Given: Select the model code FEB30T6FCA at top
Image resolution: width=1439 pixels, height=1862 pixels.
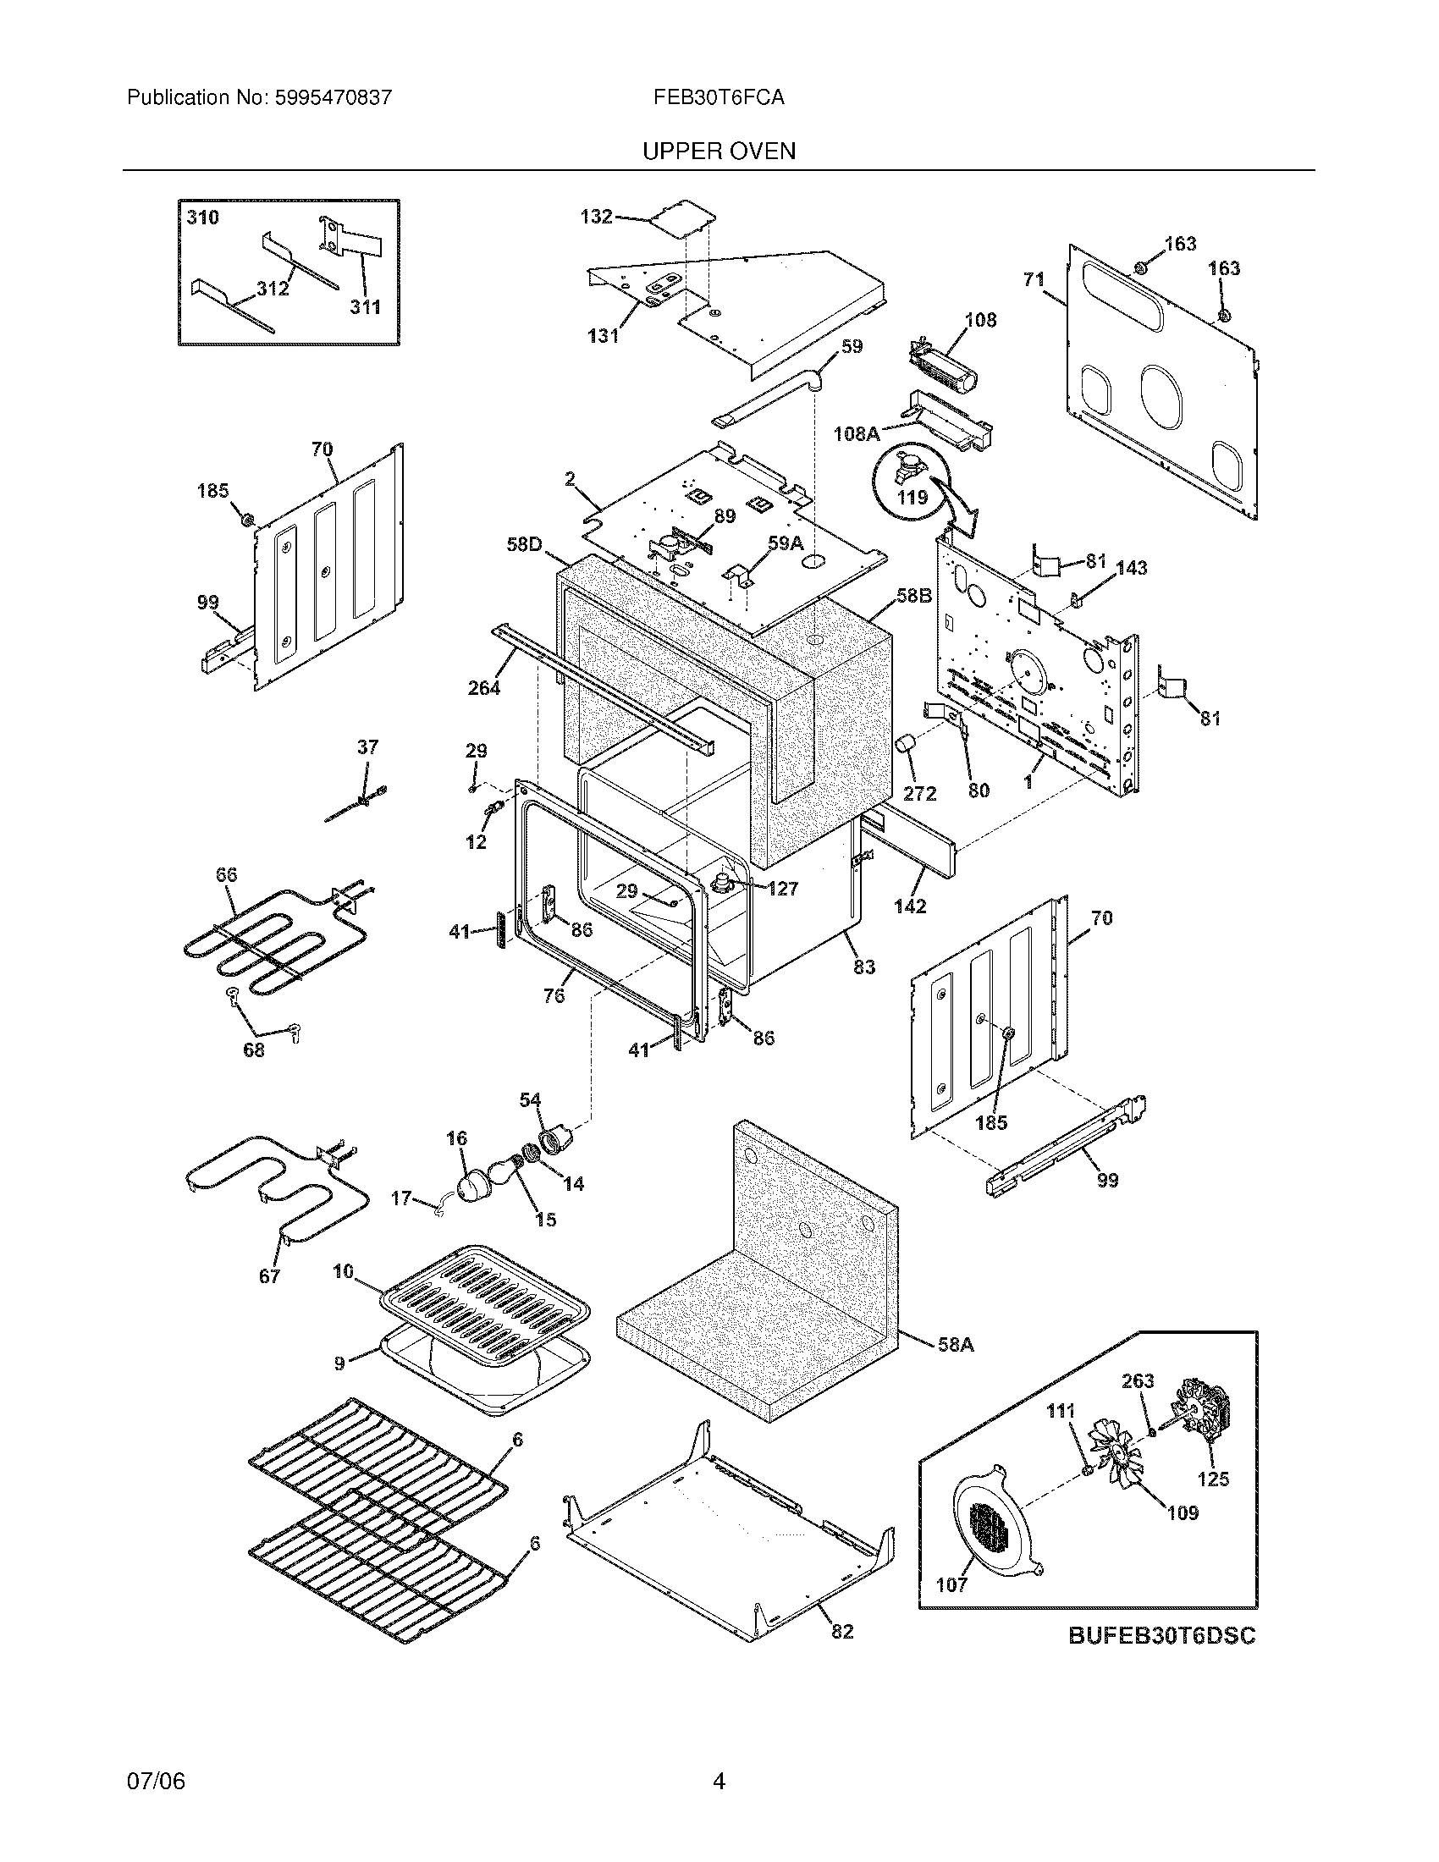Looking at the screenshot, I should pos(719,98).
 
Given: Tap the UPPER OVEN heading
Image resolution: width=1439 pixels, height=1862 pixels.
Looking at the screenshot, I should pos(719,151).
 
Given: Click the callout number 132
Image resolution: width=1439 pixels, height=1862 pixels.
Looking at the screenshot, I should pos(596,217).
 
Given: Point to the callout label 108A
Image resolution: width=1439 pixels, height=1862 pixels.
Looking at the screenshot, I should pos(856,434).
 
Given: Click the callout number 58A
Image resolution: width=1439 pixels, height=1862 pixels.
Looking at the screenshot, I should pos(955,1345).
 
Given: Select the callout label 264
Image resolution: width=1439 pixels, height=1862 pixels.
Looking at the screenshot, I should pos(483,687).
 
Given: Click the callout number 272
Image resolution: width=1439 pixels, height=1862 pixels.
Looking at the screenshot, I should pos(920,793).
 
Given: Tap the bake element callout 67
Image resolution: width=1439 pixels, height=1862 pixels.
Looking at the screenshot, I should pos(269,1276).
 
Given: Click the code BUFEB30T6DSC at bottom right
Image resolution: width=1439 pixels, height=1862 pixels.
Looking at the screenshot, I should pos(1161,1636).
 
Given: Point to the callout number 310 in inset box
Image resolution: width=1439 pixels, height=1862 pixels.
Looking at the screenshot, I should pos(203,218).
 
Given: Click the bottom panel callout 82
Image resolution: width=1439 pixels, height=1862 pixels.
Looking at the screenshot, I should pos(841,1631).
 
